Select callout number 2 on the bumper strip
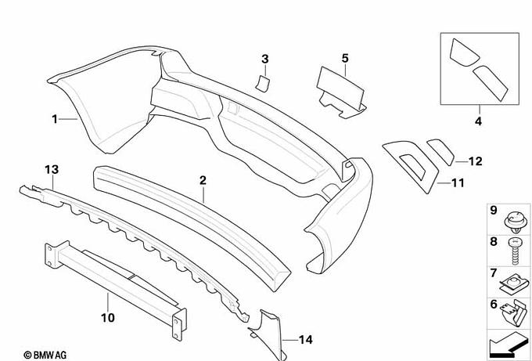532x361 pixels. pos(203,180)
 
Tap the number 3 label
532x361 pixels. pos(264,59)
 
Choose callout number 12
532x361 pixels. pos(475,161)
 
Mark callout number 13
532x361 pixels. pos(52,169)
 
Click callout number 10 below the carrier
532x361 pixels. pos(108,318)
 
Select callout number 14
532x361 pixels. pos(304,340)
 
